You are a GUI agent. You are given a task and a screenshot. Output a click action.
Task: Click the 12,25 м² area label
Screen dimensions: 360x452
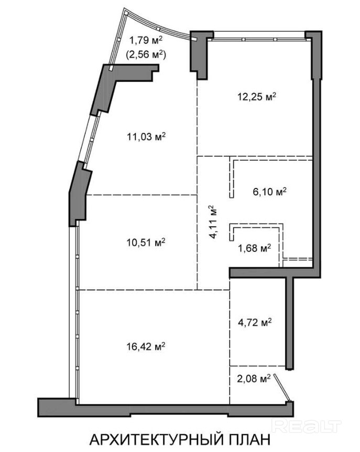[257, 96]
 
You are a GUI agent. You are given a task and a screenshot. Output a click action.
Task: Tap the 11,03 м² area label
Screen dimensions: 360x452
[146, 136]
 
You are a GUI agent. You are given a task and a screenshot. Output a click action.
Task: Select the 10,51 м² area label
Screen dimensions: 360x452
[146, 242]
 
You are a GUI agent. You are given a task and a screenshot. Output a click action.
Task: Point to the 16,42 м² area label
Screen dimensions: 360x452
[146, 346]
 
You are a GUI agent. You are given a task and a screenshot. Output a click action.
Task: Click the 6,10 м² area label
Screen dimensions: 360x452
[270, 192]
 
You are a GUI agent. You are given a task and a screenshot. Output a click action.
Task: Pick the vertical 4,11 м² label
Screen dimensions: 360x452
[213, 222]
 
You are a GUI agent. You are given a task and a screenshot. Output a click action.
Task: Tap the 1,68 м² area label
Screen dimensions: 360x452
[255, 248]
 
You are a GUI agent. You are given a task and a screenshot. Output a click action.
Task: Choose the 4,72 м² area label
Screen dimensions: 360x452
[255, 322]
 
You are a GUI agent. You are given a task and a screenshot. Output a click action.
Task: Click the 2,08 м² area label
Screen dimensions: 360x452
[254, 379]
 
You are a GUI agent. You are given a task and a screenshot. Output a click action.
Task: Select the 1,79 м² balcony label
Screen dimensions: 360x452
[146, 40]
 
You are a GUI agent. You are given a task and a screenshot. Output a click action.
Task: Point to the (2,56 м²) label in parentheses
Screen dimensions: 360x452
[146, 54]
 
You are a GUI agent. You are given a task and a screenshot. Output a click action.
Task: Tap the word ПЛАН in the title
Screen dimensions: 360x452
[250, 440]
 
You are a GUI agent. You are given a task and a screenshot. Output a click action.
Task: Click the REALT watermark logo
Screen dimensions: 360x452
[307, 426]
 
